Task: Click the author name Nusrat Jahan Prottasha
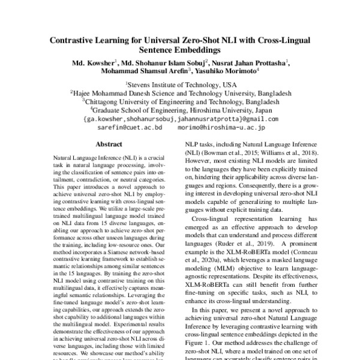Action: tap(250, 63)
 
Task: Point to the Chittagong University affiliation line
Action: tap(181, 102)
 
